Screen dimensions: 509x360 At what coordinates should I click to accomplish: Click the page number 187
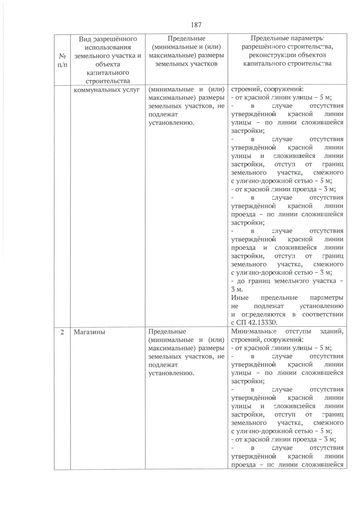(x=196, y=25)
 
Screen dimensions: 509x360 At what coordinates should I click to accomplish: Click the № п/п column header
(x=62, y=60)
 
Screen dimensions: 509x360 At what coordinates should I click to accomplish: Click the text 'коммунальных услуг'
(x=106, y=90)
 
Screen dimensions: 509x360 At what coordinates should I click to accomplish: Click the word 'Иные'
(x=240, y=298)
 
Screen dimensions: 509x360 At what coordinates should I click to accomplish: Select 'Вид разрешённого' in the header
(x=108, y=39)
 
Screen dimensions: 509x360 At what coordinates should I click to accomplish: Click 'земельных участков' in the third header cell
(x=186, y=64)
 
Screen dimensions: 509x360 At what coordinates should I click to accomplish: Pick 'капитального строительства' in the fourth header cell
(x=287, y=64)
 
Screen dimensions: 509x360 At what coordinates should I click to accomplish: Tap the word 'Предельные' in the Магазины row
(x=167, y=332)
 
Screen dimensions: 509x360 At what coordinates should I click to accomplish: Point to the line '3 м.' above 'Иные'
(x=237, y=290)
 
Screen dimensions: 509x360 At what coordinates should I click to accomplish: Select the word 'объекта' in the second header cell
(x=108, y=64)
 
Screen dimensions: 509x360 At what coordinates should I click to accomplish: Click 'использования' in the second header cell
(x=108, y=47)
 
